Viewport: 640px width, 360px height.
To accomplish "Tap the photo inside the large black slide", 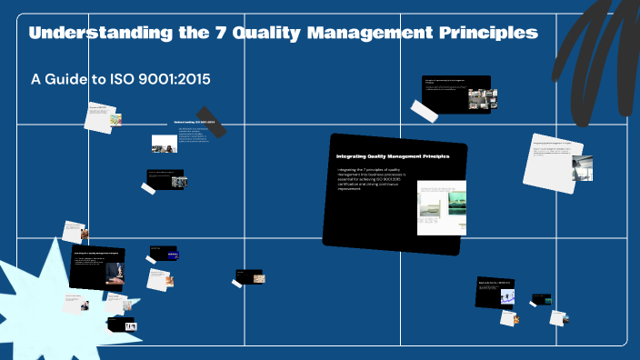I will coord(441,207).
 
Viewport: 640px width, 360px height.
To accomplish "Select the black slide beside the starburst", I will coord(97,267).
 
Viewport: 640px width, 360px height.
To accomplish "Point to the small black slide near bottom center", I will coord(250,275).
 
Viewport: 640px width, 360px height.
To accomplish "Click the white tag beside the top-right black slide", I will coord(425,111).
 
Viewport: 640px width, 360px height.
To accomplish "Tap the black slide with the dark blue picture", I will coord(165,253).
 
